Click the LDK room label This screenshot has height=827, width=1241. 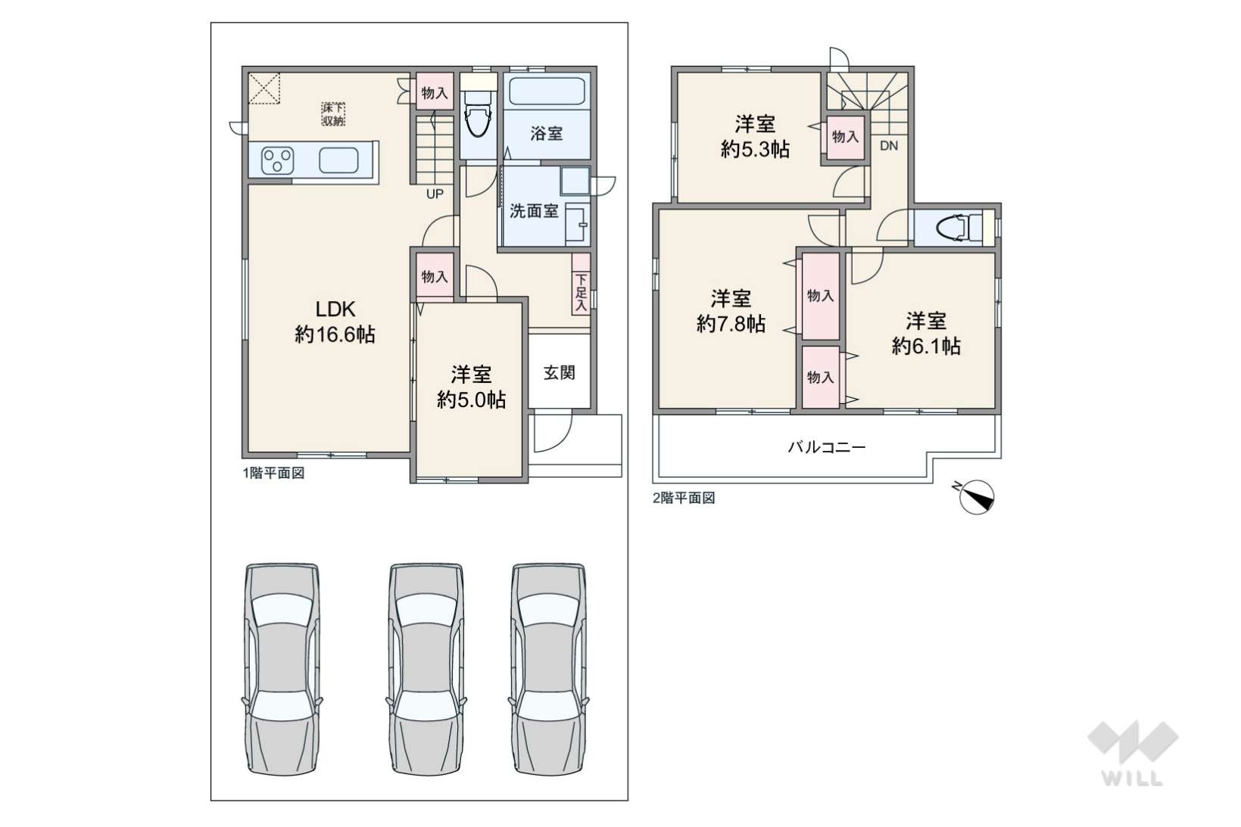pyautogui.click(x=335, y=309)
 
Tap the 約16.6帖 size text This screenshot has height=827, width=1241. pyautogui.click(x=335, y=334)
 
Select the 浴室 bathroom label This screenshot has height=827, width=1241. pyautogui.click(x=546, y=133)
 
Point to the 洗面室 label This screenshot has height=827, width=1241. pyautogui.click(x=534, y=211)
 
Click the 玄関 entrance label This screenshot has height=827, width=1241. pyautogui.click(x=559, y=372)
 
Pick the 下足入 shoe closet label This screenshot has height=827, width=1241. pyautogui.click(x=581, y=292)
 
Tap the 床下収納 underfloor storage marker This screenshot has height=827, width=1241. pyautogui.click(x=333, y=114)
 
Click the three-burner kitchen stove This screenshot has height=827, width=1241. pyautogui.click(x=277, y=160)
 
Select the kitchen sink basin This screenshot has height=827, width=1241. pyautogui.click(x=338, y=160)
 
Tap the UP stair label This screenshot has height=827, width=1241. pyautogui.click(x=435, y=194)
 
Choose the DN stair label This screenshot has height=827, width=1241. pyautogui.click(x=889, y=146)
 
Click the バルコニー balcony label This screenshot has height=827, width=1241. pyautogui.click(x=827, y=447)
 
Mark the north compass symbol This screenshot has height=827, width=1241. pyautogui.click(x=975, y=496)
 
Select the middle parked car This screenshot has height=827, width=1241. pyautogui.click(x=426, y=669)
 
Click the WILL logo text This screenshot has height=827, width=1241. pyautogui.click(x=1133, y=779)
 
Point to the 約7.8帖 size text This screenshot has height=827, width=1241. pyautogui.click(x=731, y=323)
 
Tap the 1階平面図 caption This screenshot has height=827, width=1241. pyautogui.click(x=273, y=474)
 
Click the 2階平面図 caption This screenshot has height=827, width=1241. pyautogui.click(x=684, y=498)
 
